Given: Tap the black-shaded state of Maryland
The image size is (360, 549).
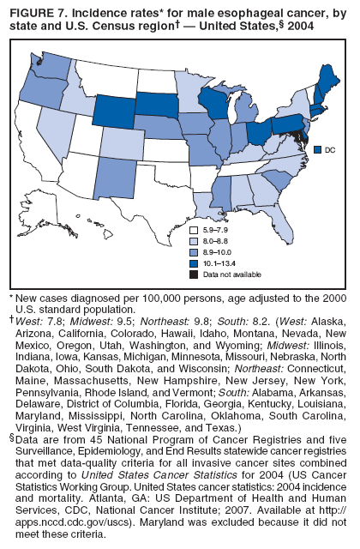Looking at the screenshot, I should (x=297, y=137).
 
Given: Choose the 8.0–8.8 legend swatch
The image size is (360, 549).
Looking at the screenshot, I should (x=195, y=243).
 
